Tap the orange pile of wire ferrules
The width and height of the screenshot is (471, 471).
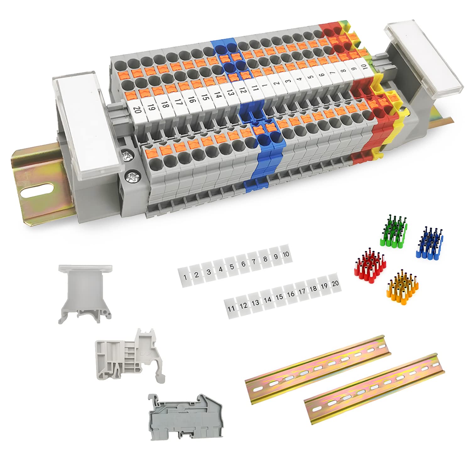tap(402, 284)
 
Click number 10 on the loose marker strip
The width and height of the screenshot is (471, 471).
tap(286, 254)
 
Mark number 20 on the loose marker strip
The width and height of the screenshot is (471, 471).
tap(335, 283)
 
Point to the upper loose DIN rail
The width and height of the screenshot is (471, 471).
tap(318, 365)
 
